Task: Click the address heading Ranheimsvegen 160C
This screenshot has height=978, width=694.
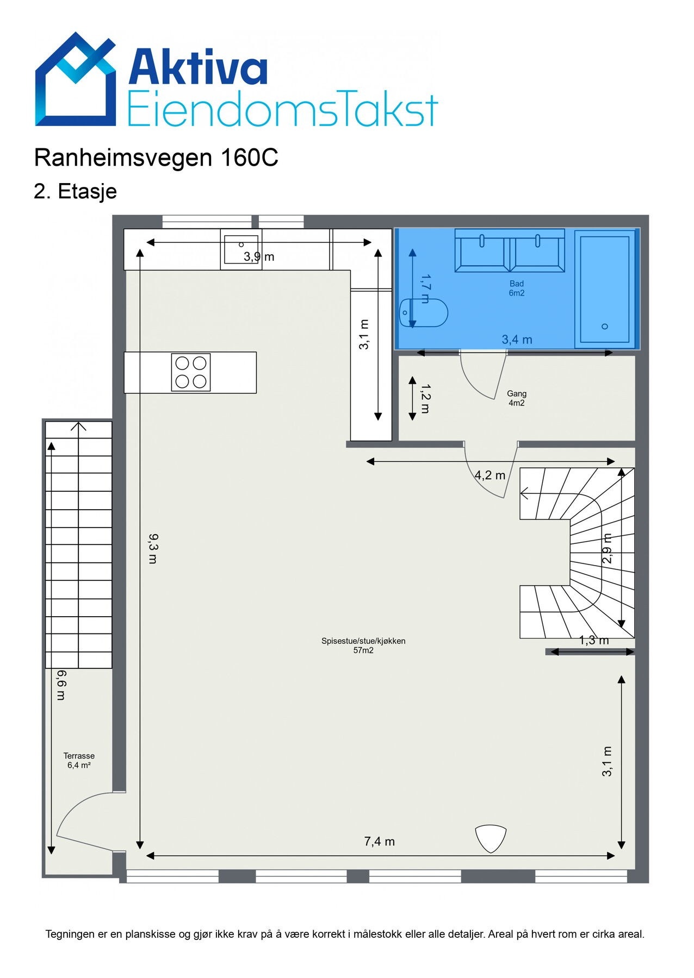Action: tap(156, 158)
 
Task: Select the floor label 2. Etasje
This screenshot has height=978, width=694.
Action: tap(75, 191)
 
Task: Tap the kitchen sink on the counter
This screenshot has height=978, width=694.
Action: tap(241, 249)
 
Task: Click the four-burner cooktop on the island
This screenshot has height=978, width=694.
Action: tap(191, 372)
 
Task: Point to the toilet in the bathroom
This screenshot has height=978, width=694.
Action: tap(424, 313)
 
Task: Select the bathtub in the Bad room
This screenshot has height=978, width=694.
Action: tap(605, 289)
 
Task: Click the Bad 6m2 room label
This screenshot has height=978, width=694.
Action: tap(517, 288)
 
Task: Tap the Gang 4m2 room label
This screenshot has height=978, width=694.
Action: tap(517, 398)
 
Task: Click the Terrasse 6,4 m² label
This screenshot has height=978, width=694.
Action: tap(79, 760)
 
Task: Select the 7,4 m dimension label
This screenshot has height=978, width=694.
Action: tap(379, 842)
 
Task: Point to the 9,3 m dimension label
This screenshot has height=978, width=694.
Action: tap(153, 549)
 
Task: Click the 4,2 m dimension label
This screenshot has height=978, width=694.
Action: tap(490, 475)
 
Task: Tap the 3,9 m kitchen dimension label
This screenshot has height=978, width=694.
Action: tap(259, 256)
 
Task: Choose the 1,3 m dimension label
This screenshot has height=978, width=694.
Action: tap(593, 641)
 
